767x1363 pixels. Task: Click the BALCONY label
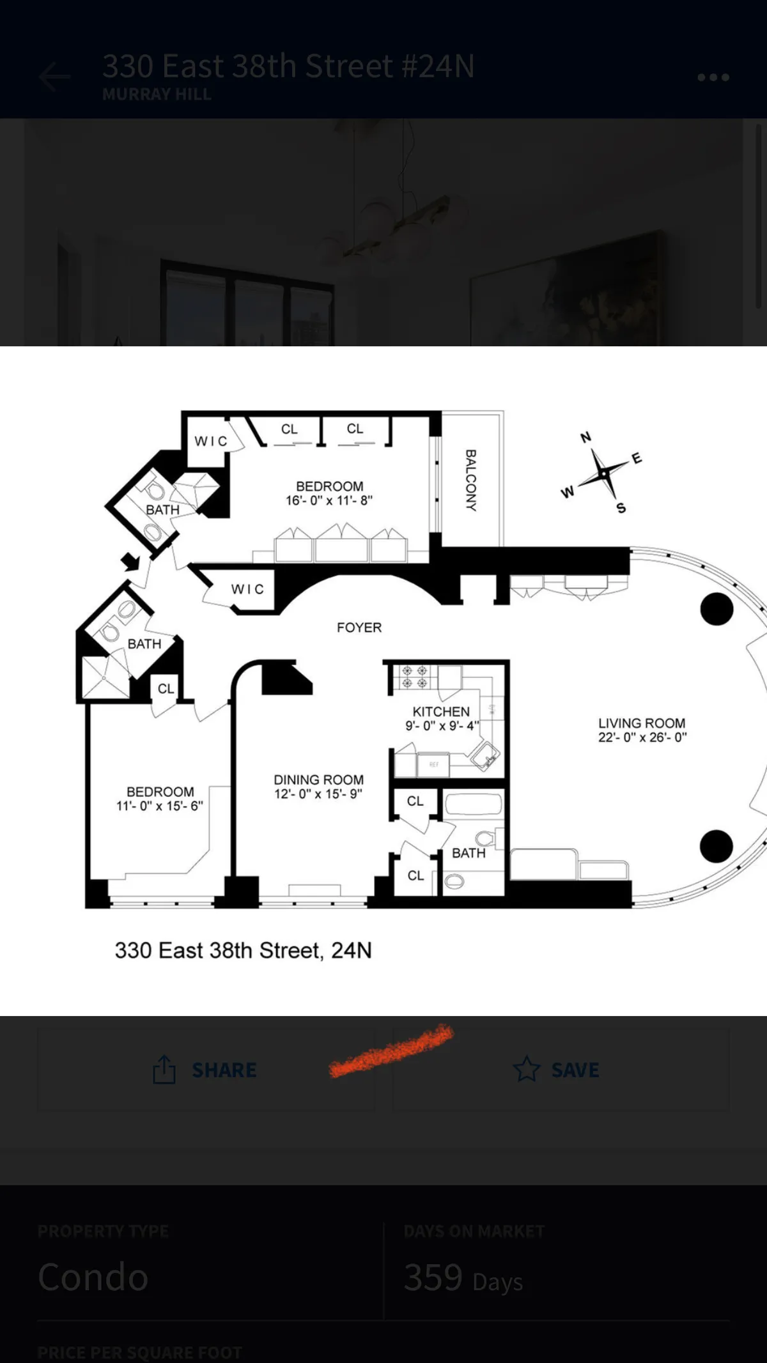pyautogui.click(x=471, y=480)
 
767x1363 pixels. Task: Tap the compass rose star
pyautogui.click(x=603, y=474)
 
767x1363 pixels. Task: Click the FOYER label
pyautogui.click(x=359, y=628)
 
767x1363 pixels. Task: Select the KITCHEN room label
pyautogui.click(x=441, y=711)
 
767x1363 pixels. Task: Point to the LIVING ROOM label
pyautogui.click(x=642, y=723)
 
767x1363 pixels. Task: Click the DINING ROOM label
pyautogui.click(x=318, y=780)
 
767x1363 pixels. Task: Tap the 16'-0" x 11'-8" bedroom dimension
pyautogui.click(x=329, y=501)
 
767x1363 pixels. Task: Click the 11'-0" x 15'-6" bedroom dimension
pyautogui.click(x=160, y=806)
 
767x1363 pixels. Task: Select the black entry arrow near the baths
pyautogui.click(x=130, y=562)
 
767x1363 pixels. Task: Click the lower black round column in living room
pyautogui.click(x=716, y=846)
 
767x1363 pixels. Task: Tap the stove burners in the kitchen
pyautogui.click(x=414, y=677)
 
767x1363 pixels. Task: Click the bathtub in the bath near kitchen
pyautogui.click(x=472, y=804)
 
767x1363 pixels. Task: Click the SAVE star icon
pyautogui.click(x=527, y=1069)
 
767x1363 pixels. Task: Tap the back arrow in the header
pyautogui.click(x=55, y=77)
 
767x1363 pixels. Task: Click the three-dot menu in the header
pyautogui.click(x=713, y=77)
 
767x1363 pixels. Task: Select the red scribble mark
pyautogui.click(x=391, y=1051)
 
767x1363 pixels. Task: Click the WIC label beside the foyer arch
pyautogui.click(x=247, y=589)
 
